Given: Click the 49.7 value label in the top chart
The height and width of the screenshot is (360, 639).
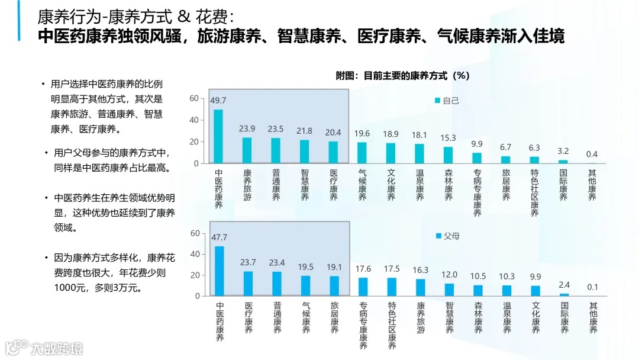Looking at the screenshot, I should click(x=218, y=100).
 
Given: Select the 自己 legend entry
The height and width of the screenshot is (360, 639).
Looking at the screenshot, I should click(x=447, y=100).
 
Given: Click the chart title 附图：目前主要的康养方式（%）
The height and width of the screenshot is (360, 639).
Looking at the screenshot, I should click(x=402, y=76).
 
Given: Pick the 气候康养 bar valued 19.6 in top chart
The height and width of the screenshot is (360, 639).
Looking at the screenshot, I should click(x=362, y=153).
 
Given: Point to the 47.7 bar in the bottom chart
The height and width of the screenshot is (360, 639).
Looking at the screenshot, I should click(x=219, y=271).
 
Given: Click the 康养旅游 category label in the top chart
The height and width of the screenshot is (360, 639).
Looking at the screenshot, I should click(x=247, y=185).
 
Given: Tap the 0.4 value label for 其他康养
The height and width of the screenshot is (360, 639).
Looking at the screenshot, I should click(x=592, y=154).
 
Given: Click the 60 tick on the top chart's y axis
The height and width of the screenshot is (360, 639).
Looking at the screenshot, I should click(x=194, y=98).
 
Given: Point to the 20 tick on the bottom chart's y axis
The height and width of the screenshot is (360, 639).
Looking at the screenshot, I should click(x=194, y=275).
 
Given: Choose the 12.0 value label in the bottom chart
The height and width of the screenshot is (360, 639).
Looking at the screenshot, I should click(x=449, y=274).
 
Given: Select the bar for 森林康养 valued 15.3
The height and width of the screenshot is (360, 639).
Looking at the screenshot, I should click(x=448, y=155).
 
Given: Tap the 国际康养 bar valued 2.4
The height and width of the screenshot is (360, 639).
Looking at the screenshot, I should click(x=564, y=294).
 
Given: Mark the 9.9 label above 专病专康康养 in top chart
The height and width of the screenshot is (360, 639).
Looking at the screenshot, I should click(x=477, y=144).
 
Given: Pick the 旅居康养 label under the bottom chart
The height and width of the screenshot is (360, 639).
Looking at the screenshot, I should click(x=334, y=318).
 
